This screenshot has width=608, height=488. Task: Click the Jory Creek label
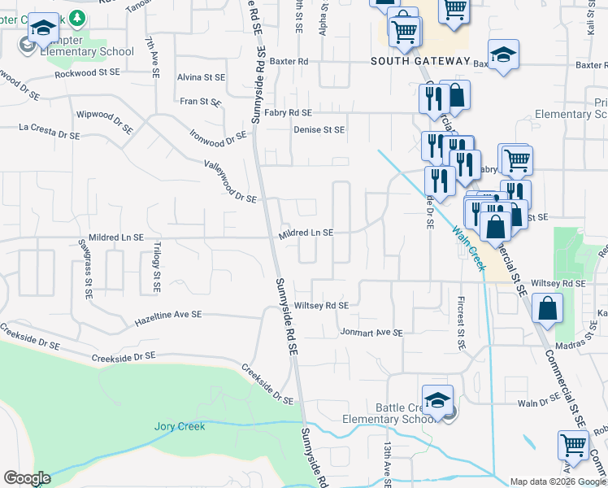180,425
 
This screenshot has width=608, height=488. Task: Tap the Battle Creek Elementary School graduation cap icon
437,401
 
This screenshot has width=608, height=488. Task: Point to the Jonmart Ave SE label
371,332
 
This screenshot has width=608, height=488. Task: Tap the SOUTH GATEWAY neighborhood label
420,61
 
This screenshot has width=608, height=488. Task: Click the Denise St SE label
319,129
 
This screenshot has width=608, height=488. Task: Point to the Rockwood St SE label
87,74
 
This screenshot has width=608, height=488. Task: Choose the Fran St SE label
201,102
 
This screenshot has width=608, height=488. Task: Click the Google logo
27,478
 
